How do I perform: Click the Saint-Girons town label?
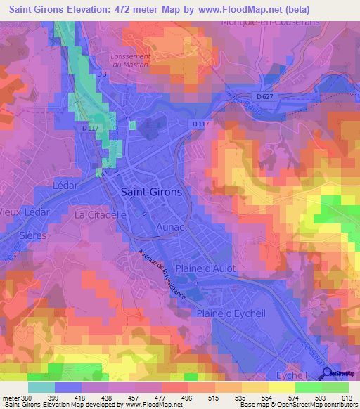pos(151,192)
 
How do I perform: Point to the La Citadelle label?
pos(100,214)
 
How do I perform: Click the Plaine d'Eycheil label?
pos(233,313)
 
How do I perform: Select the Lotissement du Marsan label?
pos(131,60)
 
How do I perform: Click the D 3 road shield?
pos(102,74)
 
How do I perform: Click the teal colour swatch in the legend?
pos(41,387)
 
